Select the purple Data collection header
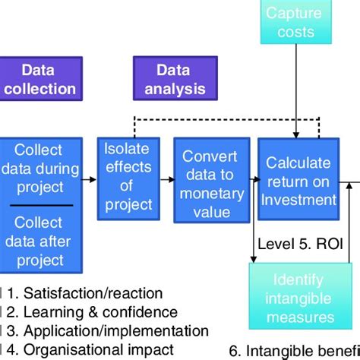click(38, 80)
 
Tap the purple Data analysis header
click(173, 80)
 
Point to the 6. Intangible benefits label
click(304, 352)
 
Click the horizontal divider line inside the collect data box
click(41, 205)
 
